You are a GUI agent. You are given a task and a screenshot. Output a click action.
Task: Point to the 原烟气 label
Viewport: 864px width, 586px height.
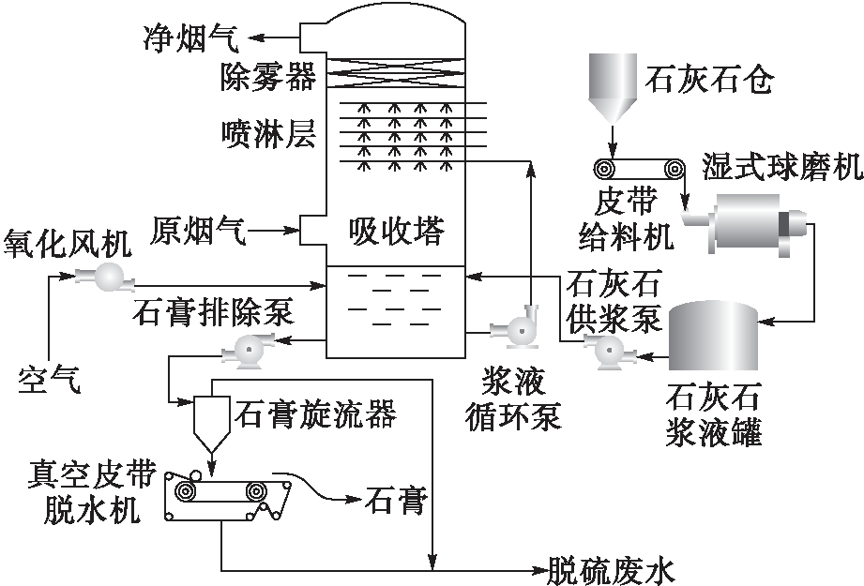pyautogui.click(x=199, y=231)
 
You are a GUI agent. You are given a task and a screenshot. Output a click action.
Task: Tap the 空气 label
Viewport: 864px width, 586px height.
pyautogui.click(x=51, y=379)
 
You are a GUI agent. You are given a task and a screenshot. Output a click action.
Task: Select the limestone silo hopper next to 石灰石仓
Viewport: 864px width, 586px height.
pyautogui.click(x=612, y=88)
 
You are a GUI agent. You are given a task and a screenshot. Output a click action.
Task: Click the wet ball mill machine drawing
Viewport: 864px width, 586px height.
pyautogui.click(x=750, y=222)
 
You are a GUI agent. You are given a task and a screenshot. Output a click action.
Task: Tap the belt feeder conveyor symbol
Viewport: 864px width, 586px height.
pyautogui.click(x=640, y=169)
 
